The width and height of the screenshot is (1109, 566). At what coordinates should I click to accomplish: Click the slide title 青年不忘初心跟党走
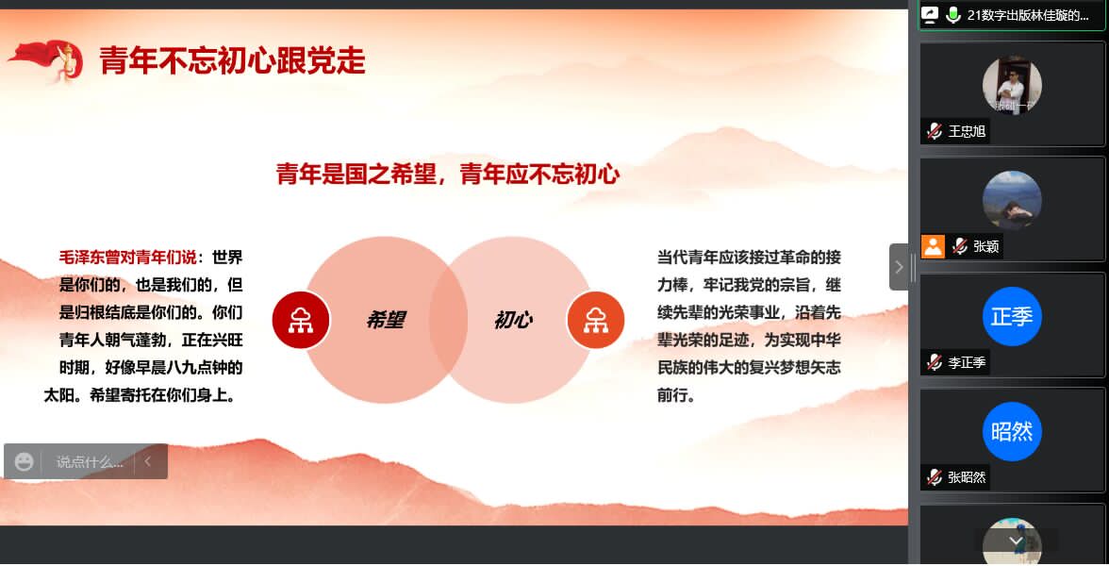(232, 60)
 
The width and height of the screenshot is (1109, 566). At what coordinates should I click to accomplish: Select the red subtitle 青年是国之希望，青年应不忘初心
(448, 174)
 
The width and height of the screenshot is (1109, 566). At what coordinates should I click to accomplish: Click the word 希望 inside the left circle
(387, 320)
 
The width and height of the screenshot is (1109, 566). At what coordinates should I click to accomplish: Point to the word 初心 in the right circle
(513, 320)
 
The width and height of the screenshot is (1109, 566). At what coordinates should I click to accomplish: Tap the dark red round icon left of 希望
(302, 321)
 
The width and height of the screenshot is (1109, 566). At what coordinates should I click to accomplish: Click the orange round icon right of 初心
(596, 321)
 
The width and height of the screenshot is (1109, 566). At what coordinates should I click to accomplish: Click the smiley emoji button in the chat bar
(25, 462)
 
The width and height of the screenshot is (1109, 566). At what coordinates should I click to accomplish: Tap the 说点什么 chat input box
(89, 462)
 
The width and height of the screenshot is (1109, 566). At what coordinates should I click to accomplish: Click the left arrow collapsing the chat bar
(148, 461)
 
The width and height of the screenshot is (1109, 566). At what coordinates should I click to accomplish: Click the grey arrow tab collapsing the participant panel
(899, 267)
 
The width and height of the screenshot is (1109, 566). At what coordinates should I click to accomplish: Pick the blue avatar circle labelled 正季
(1011, 316)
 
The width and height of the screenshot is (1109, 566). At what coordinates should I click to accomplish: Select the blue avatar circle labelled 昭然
(1011, 432)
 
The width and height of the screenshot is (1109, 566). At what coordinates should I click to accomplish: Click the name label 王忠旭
(967, 131)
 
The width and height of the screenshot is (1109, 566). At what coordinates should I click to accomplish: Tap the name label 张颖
(986, 246)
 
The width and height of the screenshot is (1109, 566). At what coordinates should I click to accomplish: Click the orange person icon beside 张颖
(933, 246)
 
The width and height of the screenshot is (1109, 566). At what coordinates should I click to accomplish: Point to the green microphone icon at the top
(953, 15)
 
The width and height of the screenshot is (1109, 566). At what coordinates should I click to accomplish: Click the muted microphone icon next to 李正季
(935, 362)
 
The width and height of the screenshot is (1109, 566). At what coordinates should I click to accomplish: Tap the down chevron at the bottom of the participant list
(1016, 541)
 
